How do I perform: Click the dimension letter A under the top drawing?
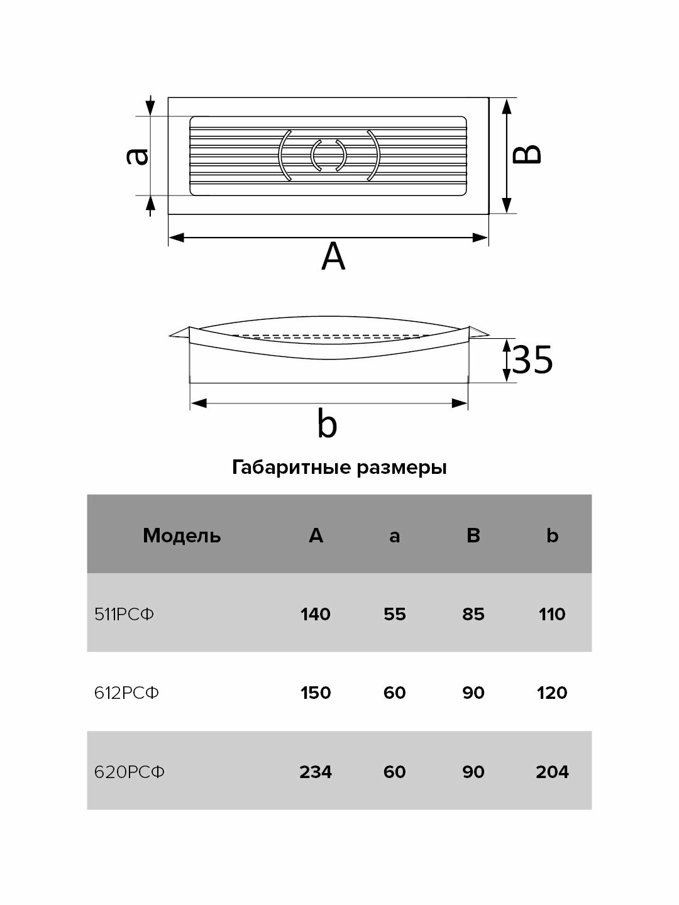pyautogui.click(x=333, y=257)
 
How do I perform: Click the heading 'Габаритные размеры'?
pyautogui.click(x=339, y=468)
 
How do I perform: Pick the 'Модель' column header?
pyautogui.click(x=182, y=535)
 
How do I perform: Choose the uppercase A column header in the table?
pyautogui.click(x=316, y=535)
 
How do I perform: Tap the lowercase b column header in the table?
pyautogui.click(x=552, y=535)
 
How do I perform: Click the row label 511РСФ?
pyautogui.click(x=124, y=614)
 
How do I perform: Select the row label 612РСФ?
pyautogui.click(x=126, y=693)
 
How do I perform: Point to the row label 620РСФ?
pyautogui.click(x=130, y=771)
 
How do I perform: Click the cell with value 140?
pyautogui.click(x=316, y=614)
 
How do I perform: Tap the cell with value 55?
pyautogui.click(x=394, y=614)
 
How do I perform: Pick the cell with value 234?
pyautogui.click(x=316, y=771)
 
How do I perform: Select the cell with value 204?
pyautogui.click(x=552, y=771)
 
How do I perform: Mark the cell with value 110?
pyautogui.click(x=552, y=614)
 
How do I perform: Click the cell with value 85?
pyautogui.click(x=473, y=614)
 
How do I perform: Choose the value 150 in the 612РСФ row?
pyautogui.click(x=316, y=693)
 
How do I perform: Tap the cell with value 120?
pyautogui.click(x=552, y=693)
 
